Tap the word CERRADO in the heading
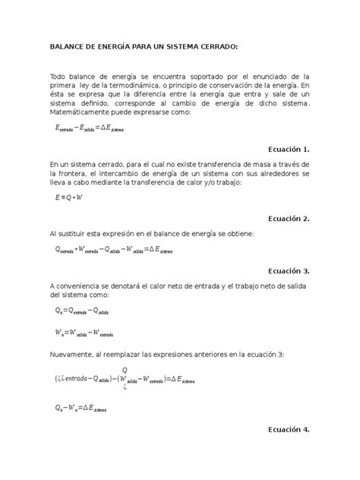217,46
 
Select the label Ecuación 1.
286,149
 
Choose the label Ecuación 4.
286,429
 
